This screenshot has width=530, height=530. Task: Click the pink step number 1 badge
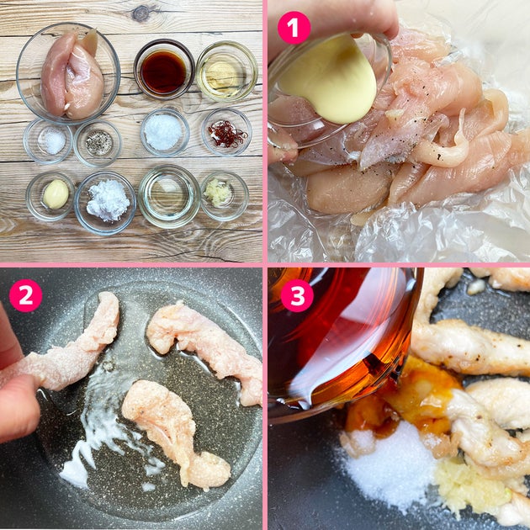point(294,28)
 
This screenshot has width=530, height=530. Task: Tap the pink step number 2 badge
point(26,295)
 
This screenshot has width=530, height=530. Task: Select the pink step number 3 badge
point(297,295)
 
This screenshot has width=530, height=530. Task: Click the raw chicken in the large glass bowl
point(72,74)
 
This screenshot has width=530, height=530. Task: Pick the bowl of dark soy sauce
point(164,69)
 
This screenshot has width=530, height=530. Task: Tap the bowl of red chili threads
point(226,132)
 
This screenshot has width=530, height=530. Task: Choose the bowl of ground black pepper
point(98,143)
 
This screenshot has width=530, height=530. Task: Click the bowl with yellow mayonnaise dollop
point(50,196)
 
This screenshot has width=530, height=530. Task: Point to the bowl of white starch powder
point(105,202)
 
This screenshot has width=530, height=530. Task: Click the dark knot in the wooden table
point(140,14)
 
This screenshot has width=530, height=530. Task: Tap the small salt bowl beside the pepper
point(48,141)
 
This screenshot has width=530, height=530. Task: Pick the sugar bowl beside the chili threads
point(165,132)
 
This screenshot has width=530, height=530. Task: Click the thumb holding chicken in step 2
point(19,407)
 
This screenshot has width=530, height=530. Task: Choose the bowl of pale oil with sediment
point(227,72)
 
